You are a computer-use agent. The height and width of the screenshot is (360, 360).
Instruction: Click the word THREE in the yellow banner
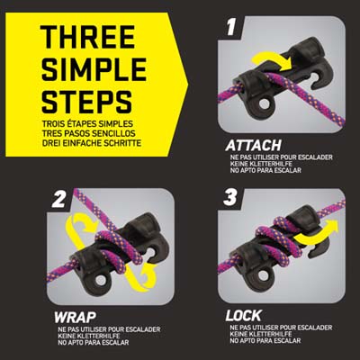(x=87, y=37)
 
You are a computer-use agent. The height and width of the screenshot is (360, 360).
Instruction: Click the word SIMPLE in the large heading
(x=94, y=69)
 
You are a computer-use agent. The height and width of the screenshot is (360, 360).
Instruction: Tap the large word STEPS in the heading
(x=86, y=102)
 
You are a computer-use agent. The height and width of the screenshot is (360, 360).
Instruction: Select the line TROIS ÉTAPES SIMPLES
(x=87, y=124)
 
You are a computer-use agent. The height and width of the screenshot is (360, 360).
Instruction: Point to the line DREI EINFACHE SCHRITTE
(x=92, y=143)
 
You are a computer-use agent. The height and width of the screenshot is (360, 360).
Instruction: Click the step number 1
(x=230, y=28)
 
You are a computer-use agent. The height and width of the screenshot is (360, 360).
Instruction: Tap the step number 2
(x=58, y=200)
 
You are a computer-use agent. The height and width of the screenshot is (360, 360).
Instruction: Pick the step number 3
(x=230, y=198)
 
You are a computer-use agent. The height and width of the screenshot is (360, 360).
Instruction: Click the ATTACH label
(x=253, y=146)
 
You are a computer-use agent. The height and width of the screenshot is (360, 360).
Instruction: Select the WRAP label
(x=75, y=317)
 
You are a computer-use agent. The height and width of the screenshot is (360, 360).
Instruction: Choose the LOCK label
(x=243, y=316)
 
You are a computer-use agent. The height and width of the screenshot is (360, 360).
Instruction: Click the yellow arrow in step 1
(x=273, y=61)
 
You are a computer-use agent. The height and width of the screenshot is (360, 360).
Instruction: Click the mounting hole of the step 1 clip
(x=265, y=104)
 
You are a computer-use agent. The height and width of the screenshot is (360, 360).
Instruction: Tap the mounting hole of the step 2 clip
(x=100, y=280)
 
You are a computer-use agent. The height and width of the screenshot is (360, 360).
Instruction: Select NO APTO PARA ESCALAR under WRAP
(x=94, y=342)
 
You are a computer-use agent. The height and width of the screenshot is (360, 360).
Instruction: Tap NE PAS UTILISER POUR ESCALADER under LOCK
(x=281, y=328)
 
